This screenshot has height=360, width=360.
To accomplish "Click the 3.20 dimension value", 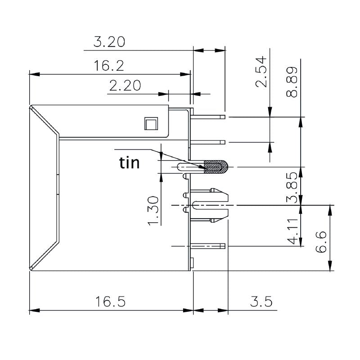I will pyautogui.click(x=109, y=42).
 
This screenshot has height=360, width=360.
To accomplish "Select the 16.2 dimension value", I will pyautogui.click(x=109, y=66).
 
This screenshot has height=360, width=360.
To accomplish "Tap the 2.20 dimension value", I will pyautogui.click(x=125, y=85).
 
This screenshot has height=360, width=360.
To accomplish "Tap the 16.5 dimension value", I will pyautogui.click(x=110, y=301).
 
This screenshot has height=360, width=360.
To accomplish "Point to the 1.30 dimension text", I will pyautogui.click(x=153, y=211).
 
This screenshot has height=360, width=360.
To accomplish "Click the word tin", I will pyautogui.click(x=129, y=162).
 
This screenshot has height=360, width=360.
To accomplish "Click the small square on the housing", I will pyautogui.click(x=150, y=123).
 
